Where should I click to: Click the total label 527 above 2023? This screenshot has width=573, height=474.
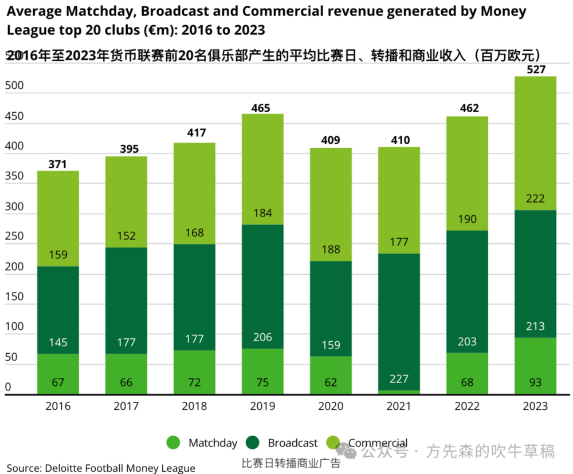tap(535, 69)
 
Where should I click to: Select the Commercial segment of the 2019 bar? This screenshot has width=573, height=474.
tap(262, 169)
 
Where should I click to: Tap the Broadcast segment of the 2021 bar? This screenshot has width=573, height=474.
tap(399, 321)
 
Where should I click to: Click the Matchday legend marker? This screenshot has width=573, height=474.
tap(174, 443)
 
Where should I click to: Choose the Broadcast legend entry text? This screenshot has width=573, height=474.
tap(292, 443)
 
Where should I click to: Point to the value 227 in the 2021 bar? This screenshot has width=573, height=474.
tap(399, 380)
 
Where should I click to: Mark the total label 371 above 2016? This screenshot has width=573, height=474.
tap(58, 164)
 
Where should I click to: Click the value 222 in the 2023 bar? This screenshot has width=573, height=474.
tap(535, 198)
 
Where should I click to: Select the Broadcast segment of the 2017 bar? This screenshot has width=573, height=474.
tap(126, 300)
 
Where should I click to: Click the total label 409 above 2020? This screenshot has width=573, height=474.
tap(331, 140)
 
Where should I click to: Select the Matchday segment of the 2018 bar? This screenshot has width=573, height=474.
tap(194, 372)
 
